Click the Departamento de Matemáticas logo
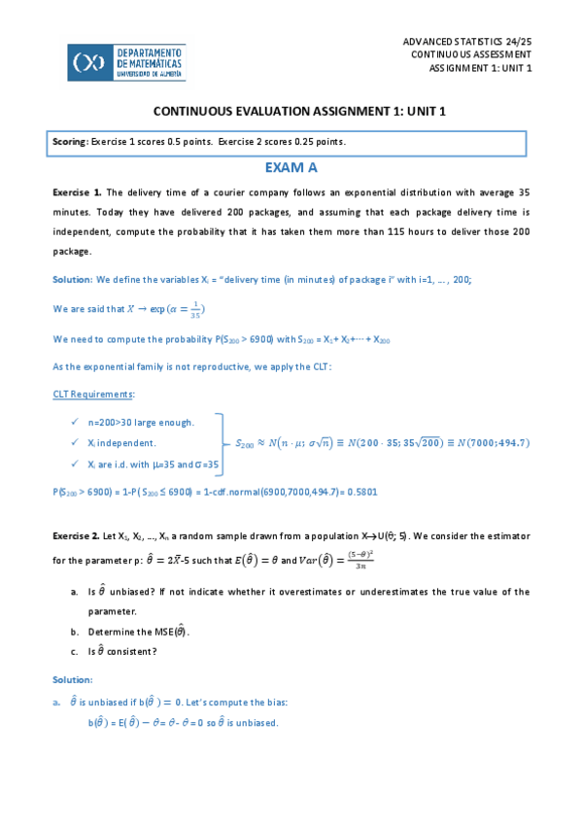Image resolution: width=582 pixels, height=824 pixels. click(x=126, y=62)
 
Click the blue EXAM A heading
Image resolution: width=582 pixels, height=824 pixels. click(x=291, y=168)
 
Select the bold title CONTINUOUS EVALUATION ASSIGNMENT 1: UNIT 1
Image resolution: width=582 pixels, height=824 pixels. click(x=291, y=111)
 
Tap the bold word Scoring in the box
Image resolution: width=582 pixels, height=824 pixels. click(x=70, y=142)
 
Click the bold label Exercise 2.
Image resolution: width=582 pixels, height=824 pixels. click(x=76, y=535)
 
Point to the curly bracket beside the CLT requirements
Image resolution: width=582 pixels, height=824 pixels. click(x=223, y=442)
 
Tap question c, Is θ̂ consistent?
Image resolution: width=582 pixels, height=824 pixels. click(x=122, y=651)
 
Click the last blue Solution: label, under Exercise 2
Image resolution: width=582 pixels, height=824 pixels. click(x=72, y=679)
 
